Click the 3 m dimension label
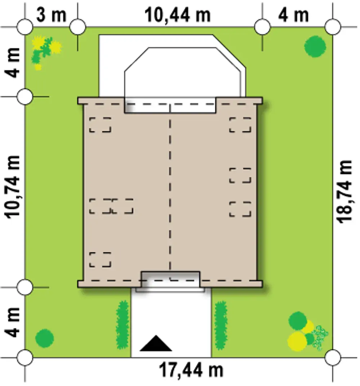[x=51, y=15]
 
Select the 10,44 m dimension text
[x=177, y=15]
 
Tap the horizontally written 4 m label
[x=293, y=15]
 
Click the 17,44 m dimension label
[x=191, y=370]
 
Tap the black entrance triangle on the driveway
[x=156, y=343]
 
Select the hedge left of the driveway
[x=122, y=325]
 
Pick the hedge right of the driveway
[x=221, y=325]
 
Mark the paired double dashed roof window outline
[x=111, y=206]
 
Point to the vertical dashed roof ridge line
[x=170, y=192]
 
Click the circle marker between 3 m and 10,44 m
[x=78, y=26]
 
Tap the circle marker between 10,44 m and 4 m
[x=262, y=26]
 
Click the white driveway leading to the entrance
[x=171, y=323]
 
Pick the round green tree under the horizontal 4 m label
[x=315, y=46]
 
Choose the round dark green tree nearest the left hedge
[x=45, y=338]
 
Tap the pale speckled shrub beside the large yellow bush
[x=320, y=338]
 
